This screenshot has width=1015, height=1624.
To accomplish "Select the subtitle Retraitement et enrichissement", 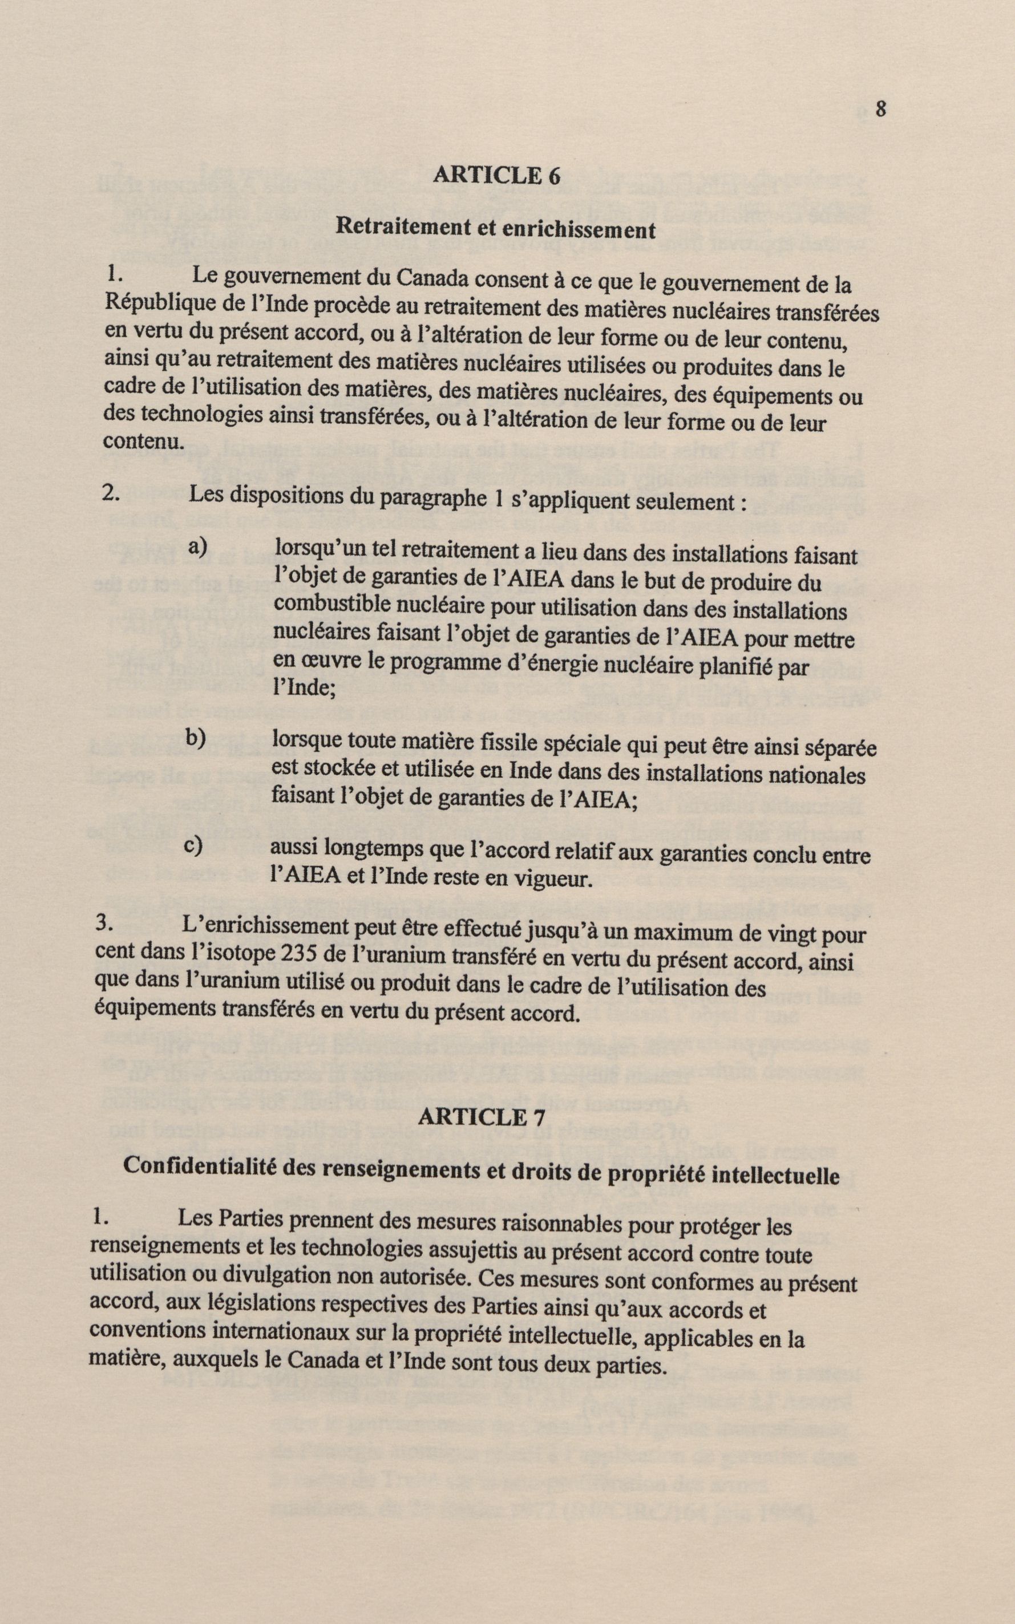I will (x=495, y=228).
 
